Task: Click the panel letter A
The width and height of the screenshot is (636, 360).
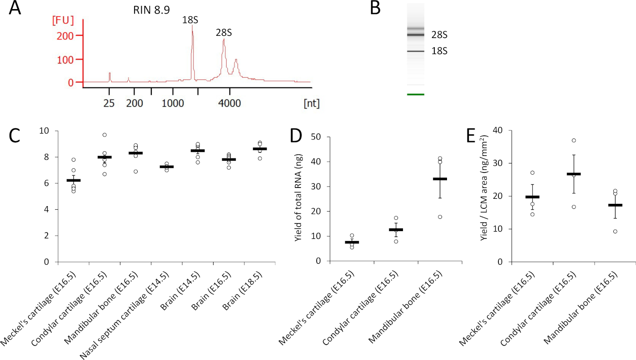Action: (x=15, y=9)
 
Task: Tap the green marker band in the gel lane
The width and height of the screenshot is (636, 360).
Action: (x=416, y=94)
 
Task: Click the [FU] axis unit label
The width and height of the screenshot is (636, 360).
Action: (x=63, y=20)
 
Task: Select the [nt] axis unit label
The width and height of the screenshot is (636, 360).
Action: (x=311, y=104)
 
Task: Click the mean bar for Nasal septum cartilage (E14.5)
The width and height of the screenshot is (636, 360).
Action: (x=166, y=167)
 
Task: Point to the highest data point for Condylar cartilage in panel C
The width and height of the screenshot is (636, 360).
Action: (x=104, y=135)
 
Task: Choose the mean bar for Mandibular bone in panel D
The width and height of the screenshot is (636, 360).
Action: (x=427, y=179)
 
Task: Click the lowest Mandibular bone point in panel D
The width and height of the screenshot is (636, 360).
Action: (x=427, y=217)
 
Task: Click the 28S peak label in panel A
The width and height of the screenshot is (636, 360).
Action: (x=224, y=32)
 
